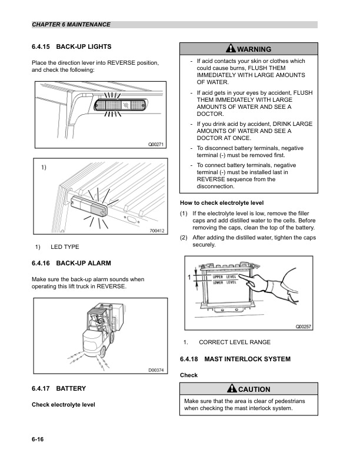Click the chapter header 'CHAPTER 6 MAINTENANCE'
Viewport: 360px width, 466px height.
[71, 25]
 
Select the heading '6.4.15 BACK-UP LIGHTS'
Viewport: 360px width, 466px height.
[71, 46]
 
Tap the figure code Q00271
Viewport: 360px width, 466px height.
[155, 144]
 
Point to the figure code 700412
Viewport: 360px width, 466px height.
[155, 231]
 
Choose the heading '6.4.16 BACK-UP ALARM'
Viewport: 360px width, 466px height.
[71, 263]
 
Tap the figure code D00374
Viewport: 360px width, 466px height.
[155, 370]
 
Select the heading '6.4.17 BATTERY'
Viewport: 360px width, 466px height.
[59, 388]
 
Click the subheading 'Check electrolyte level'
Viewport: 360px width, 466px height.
[63, 404]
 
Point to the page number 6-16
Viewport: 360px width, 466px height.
[39, 440]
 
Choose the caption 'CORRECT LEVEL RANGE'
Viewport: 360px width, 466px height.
[235, 342]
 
